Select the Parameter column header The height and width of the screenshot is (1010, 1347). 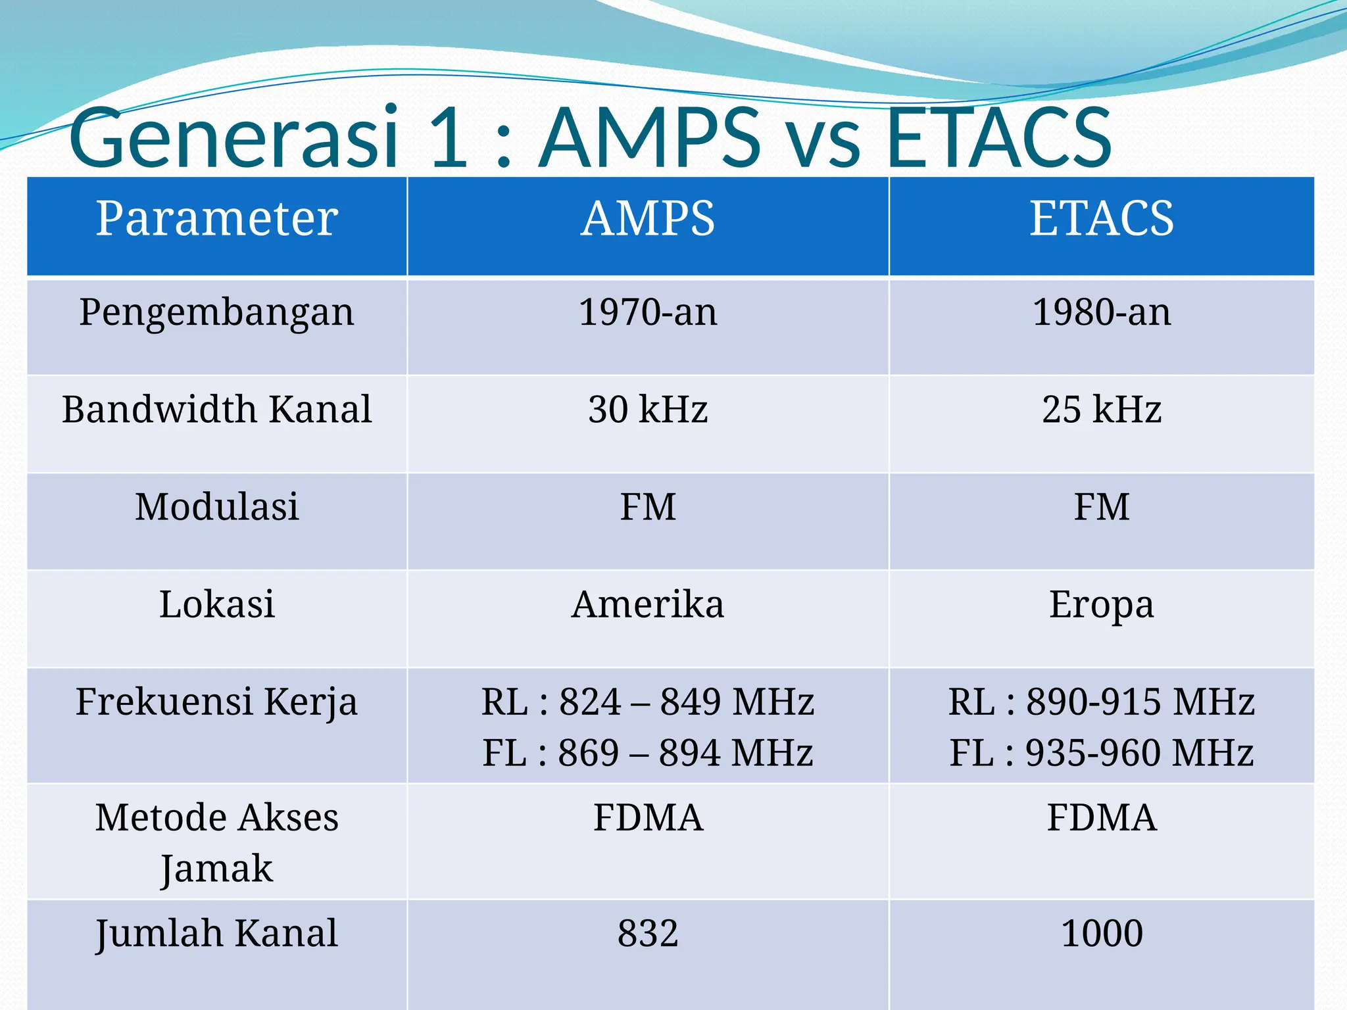click(x=217, y=218)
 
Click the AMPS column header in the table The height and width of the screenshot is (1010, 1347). click(x=648, y=218)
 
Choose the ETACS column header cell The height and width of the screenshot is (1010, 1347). click(x=1102, y=218)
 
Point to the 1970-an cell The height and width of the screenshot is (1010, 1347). click(x=648, y=312)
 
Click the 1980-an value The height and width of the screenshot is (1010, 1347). click(x=1102, y=312)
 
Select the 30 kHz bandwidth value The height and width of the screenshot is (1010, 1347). click(x=648, y=409)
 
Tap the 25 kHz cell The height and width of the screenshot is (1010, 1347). click(x=1102, y=409)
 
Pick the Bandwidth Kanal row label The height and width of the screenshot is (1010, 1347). click(x=217, y=409)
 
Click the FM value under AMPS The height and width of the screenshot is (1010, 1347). click(x=648, y=507)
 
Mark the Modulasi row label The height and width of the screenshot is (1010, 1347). click(x=217, y=507)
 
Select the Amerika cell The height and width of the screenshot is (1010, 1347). click(x=648, y=604)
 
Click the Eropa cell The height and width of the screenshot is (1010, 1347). click(x=1102, y=604)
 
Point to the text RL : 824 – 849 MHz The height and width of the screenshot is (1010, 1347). click(x=648, y=702)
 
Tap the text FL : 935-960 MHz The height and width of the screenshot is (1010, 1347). click(x=1102, y=753)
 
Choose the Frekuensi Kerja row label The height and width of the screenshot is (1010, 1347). click(x=217, y=702)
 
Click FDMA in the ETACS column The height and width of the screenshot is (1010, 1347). click(x=1102, y=818)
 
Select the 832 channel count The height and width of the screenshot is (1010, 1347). click(x=648, y=933)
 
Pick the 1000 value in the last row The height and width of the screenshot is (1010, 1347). click(x=1102, y=933)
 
